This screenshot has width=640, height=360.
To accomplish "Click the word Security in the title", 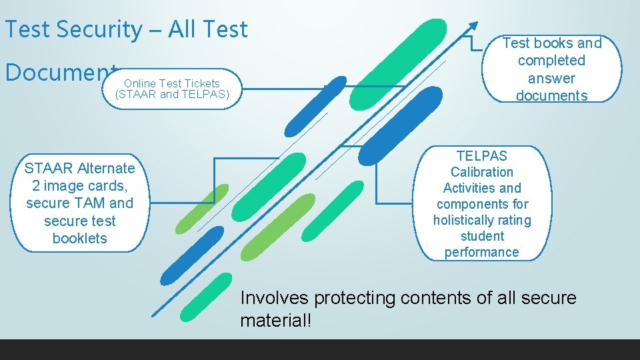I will tap(99, 29).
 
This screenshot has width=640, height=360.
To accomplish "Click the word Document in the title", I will tap(60, 71).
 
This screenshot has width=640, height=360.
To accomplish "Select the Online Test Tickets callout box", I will tap(172, 89).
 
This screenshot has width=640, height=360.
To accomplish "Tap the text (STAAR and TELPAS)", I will tap(172, 94).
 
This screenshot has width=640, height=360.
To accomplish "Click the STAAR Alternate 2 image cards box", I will tap(79, 203).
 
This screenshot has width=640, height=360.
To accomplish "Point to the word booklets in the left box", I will tap(79, 239).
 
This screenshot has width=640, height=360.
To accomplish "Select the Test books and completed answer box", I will tap(551, 69).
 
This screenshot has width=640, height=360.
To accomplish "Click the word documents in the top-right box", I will tap(551, 95).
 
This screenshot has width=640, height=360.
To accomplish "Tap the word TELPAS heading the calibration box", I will tap(481, 156).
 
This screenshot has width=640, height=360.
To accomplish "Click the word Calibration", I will tap(481, 172).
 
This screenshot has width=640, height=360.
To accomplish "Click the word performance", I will tap(481, 252).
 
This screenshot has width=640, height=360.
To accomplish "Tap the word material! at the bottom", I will tap(275, 320).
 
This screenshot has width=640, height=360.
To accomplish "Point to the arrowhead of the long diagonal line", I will tap(474, 25).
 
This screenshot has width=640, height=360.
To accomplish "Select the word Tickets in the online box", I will tap(203, 83).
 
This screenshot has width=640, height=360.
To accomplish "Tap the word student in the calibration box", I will tap(481, 236).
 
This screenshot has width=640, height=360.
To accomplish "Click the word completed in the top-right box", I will tap(551, 61).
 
